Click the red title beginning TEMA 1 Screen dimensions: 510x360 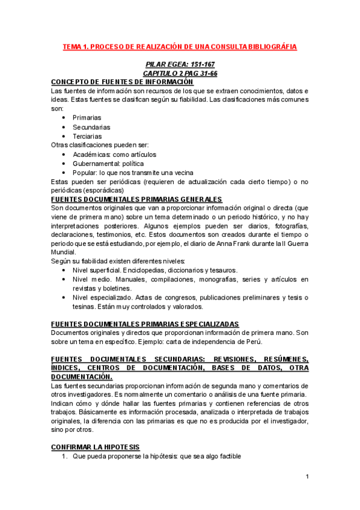pyautogui.click(x=180, y=46)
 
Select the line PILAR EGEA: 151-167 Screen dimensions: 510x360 pyautogui.click(x=180, y=64)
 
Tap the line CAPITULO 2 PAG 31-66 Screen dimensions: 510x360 pyautogui.click(x=180, y=73)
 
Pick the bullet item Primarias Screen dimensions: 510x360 pyautogui.click(x=87, y=118)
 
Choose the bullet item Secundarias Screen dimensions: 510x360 pyautogui.click(x=91, y=127)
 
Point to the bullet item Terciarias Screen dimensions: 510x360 pyautogui.click(x=88, y=136)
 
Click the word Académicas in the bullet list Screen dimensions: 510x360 pyautogui.click(x=93, y=155)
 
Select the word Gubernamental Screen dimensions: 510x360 pyautogui.click(x=99, y=164)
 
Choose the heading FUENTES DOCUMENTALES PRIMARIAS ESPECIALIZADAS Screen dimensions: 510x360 pyautogui.click(x=145, y=324)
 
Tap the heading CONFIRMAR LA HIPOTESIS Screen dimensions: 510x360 pyautogui.click(x=95, y=447)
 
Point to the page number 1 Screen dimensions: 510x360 pyautogui.click(x=307, y=477)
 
